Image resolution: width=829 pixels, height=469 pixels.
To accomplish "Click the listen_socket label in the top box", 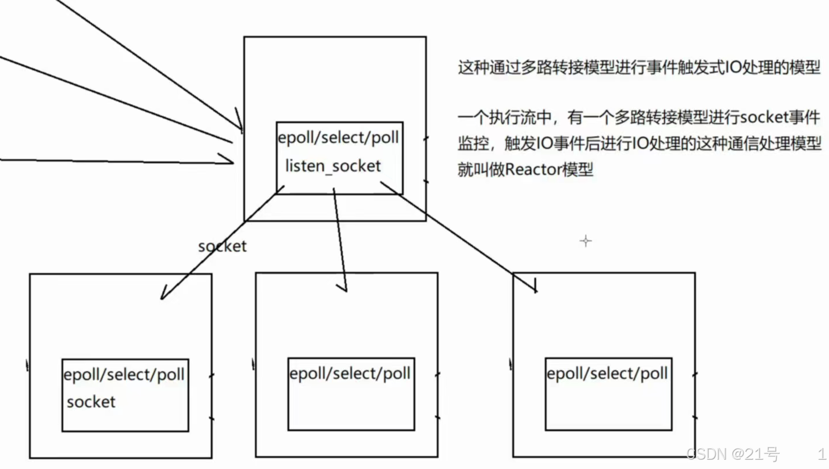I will pyautogui.click(x=333, y=166).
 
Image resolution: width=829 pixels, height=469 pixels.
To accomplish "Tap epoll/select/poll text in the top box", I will pyautogui.click(x=339, y=138).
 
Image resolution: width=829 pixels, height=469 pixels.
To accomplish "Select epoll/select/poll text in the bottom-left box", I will pyautogui.click(x=124, y=374).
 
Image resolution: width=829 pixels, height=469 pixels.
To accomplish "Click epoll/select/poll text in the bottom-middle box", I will pyautogui.click(x=350, y=373).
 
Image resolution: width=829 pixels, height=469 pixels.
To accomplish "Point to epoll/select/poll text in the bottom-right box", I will pyautogui.click(x=607, y=373).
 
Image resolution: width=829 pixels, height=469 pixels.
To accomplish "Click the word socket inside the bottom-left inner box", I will pyautogui.click(x=91, y=402).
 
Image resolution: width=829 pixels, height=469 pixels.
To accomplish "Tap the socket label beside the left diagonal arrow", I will pyautogui.click(x=222, y=246).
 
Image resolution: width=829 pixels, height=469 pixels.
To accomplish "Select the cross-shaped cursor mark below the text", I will pyautogui.click(x=586, y=241).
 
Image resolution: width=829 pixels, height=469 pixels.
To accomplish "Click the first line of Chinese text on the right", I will pyautogui.click(x=638, y=67).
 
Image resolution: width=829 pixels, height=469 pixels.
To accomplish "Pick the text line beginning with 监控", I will pyautogui.click(x=638, y=144).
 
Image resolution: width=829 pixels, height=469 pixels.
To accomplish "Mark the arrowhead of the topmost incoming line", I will pyautogui.click(x=239, y=122).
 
